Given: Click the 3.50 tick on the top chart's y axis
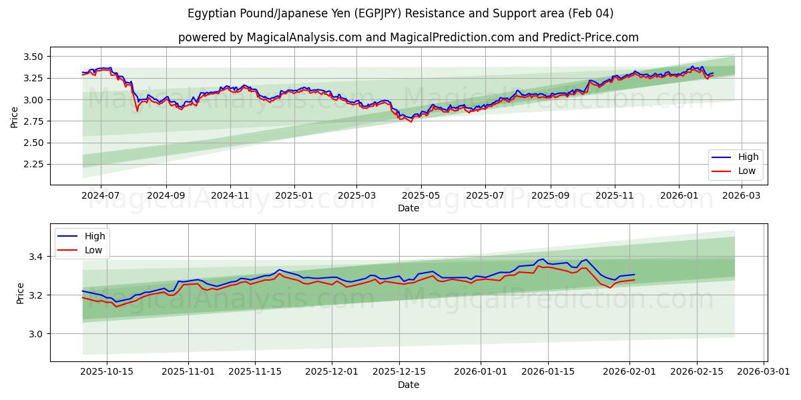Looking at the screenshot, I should coord(33,57).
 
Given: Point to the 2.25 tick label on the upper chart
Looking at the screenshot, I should coord(33,164).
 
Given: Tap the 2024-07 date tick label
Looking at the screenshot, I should coord(101,196).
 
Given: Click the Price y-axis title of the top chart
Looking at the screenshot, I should coord(15,117).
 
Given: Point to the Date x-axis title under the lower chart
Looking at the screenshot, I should coord(409,385).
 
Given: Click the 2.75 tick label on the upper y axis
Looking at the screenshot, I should coord(33,121).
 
